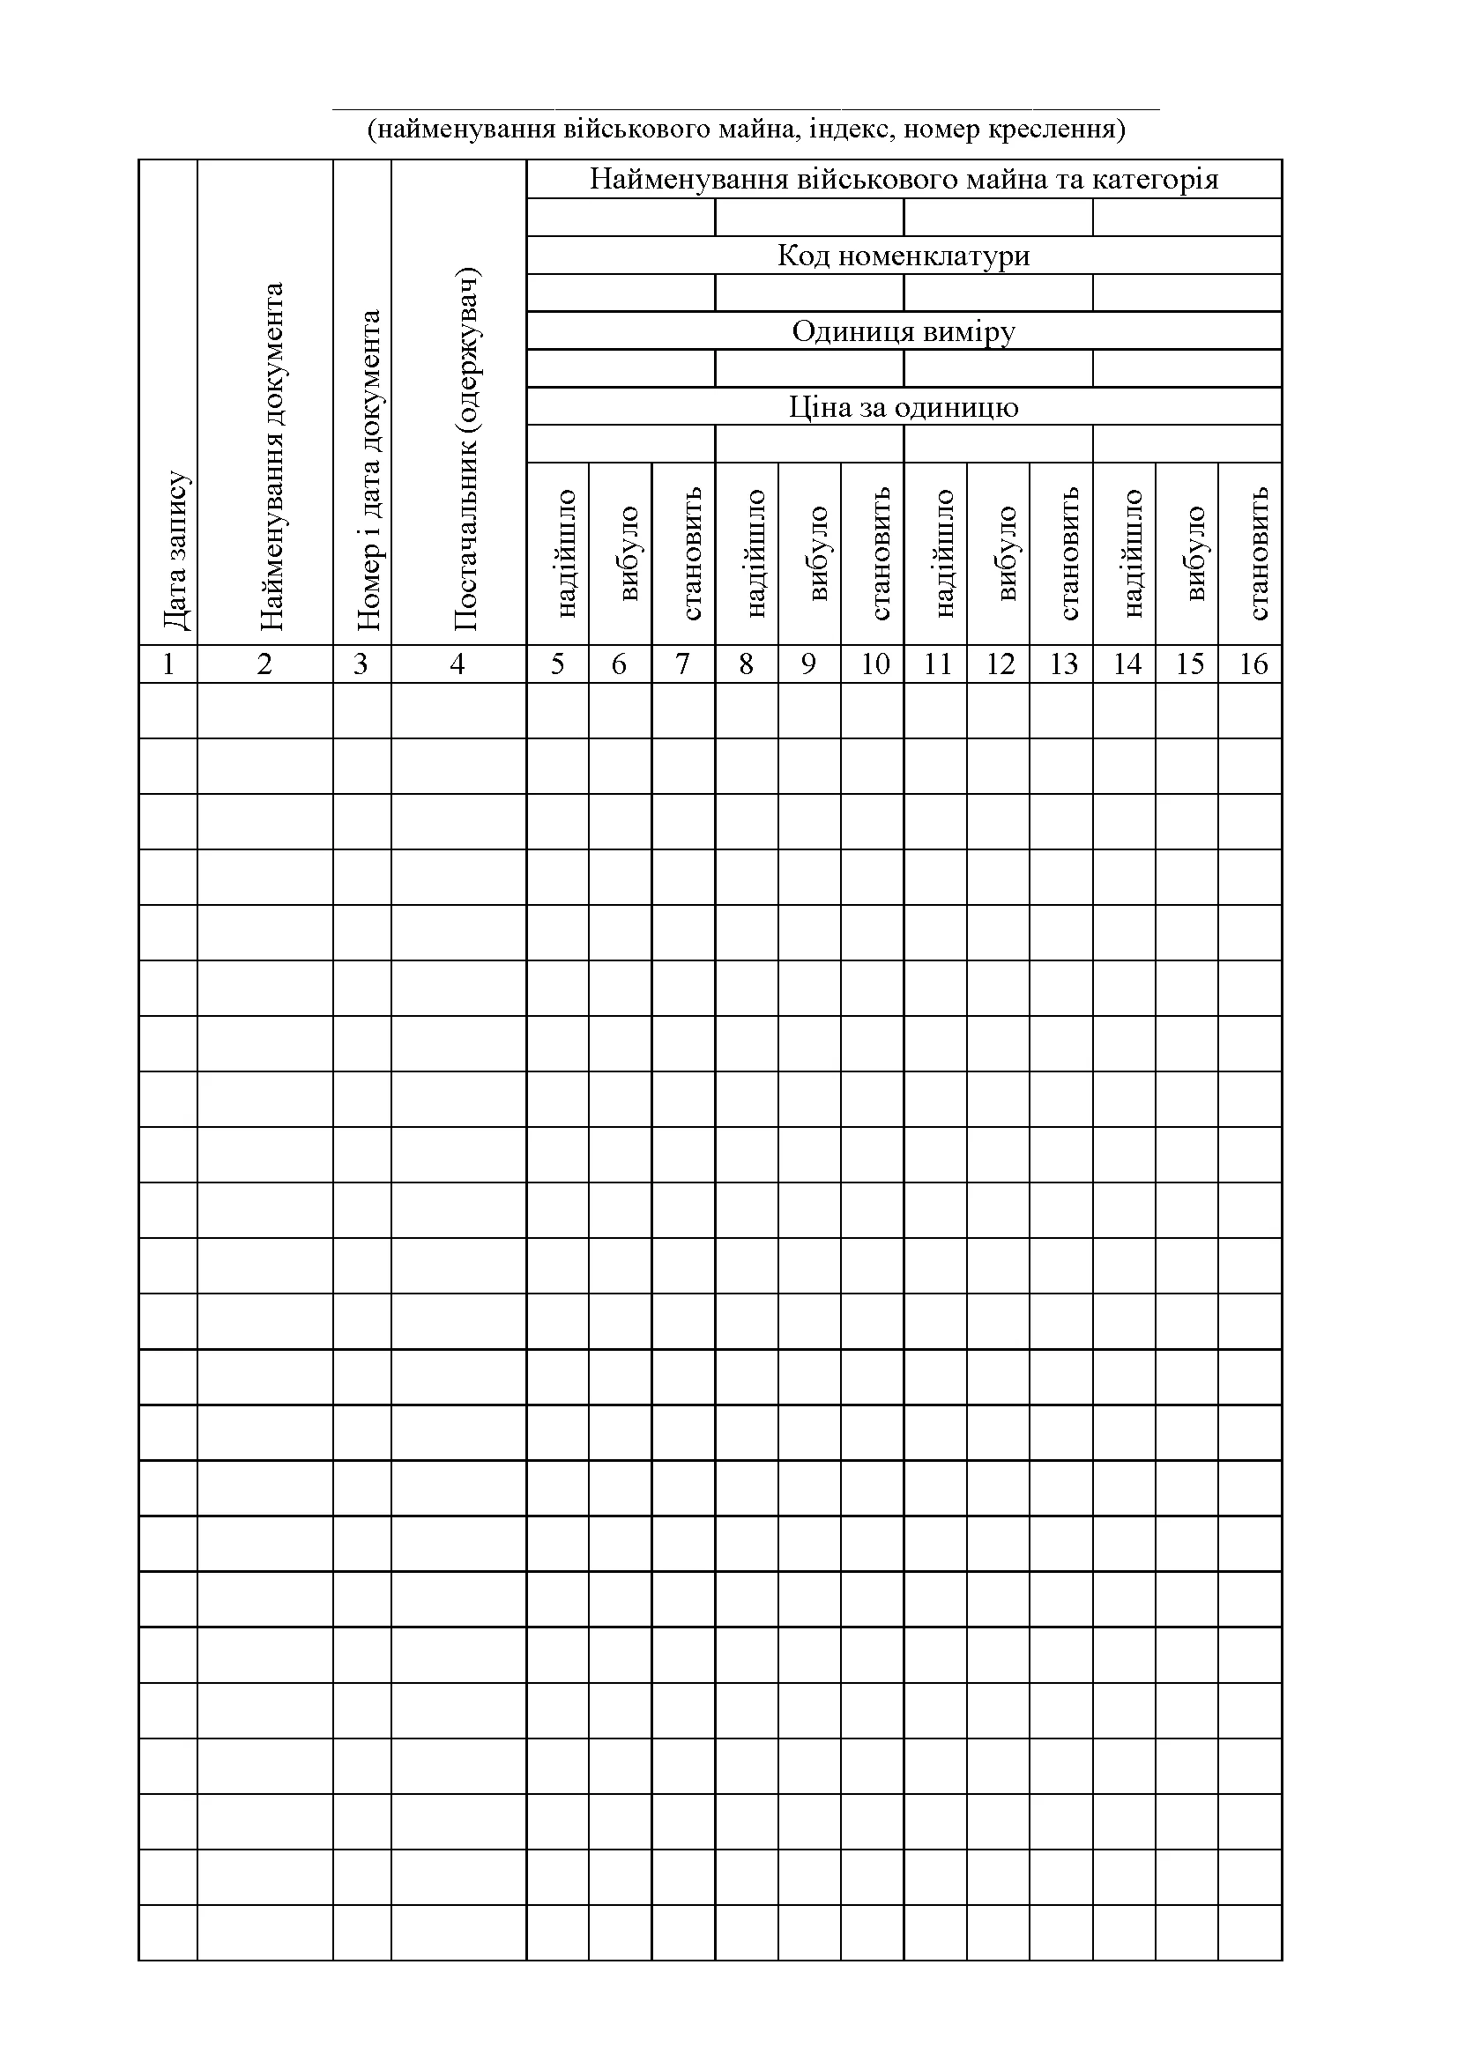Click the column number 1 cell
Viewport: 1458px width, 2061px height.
coord(167,664)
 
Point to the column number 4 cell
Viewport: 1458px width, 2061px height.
coord(457,664)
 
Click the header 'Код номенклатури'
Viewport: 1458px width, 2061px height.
coord(904,256)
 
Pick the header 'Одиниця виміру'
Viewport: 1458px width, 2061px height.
coord(904,331)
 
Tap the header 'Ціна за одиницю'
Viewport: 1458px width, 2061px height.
coord(904,408)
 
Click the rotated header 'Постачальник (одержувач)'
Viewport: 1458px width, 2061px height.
coord(467,449)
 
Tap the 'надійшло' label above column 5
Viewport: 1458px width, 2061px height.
coord(566,553)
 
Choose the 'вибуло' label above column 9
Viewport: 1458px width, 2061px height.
coord(818,553)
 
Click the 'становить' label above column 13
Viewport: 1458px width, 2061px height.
coord(1068,553)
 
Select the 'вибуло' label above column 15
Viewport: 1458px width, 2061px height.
coord(1195,553)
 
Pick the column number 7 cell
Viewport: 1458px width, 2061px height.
coord(683,664)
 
